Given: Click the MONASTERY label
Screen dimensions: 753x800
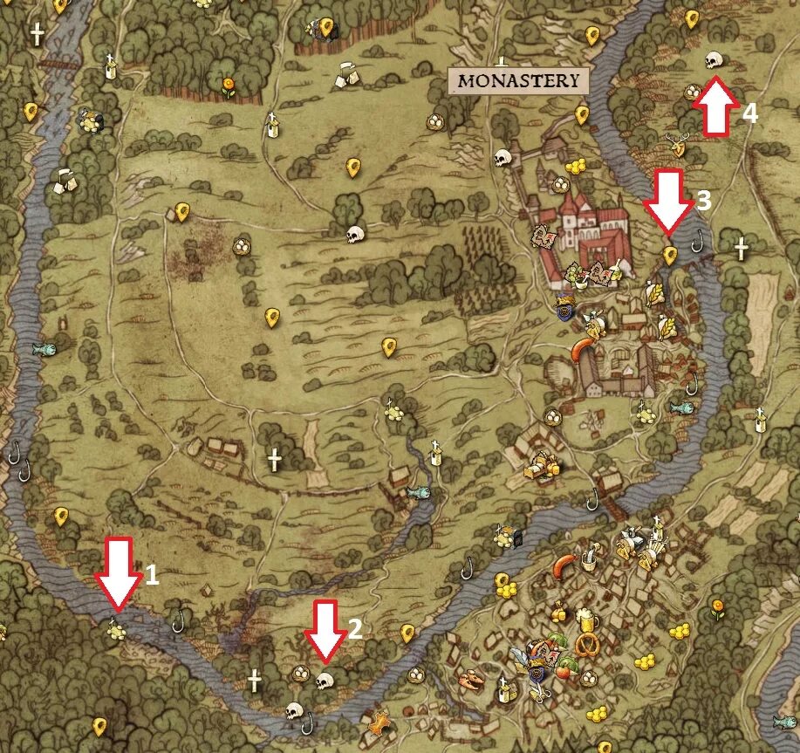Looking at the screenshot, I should coord(518,81).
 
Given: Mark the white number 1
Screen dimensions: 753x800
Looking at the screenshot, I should coord(152,574).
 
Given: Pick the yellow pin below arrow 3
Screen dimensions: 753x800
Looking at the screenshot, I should coord(669,255).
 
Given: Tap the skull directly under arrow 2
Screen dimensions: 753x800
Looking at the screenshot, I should coord(325,680).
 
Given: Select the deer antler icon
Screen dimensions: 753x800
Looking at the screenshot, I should coord(675,145).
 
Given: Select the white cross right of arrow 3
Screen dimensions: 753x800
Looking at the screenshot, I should coord(741,248).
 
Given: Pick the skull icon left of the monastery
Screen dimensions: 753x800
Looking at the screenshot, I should coord(502,158).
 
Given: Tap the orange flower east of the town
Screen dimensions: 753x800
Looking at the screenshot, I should coord(717,606).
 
